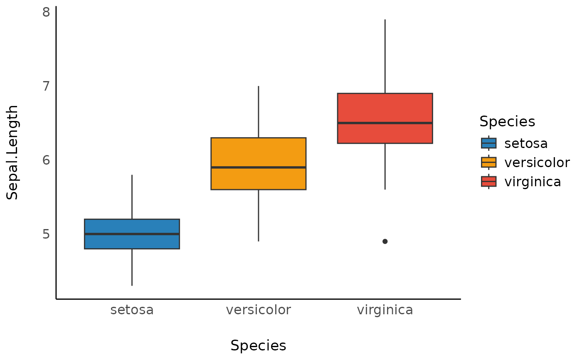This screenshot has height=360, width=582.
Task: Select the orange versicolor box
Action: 258,152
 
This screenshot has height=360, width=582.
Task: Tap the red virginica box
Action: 385,108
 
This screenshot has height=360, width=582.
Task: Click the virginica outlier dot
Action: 385,241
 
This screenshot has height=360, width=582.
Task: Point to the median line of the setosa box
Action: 132,234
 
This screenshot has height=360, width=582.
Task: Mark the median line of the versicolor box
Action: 258,167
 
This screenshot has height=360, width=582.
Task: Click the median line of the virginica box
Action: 385,123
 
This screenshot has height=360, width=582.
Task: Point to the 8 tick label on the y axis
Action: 46,12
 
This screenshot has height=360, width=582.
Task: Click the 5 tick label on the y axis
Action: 46,234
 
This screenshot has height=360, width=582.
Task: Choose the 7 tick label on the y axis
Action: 46,86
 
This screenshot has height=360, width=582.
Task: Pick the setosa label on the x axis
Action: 132,310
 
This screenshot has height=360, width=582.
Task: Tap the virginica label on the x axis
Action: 385,310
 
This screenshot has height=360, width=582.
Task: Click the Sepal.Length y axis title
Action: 12,152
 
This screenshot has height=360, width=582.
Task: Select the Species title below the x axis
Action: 258,346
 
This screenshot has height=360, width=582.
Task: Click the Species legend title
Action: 507,122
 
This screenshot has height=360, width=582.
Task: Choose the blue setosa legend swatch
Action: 488,143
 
